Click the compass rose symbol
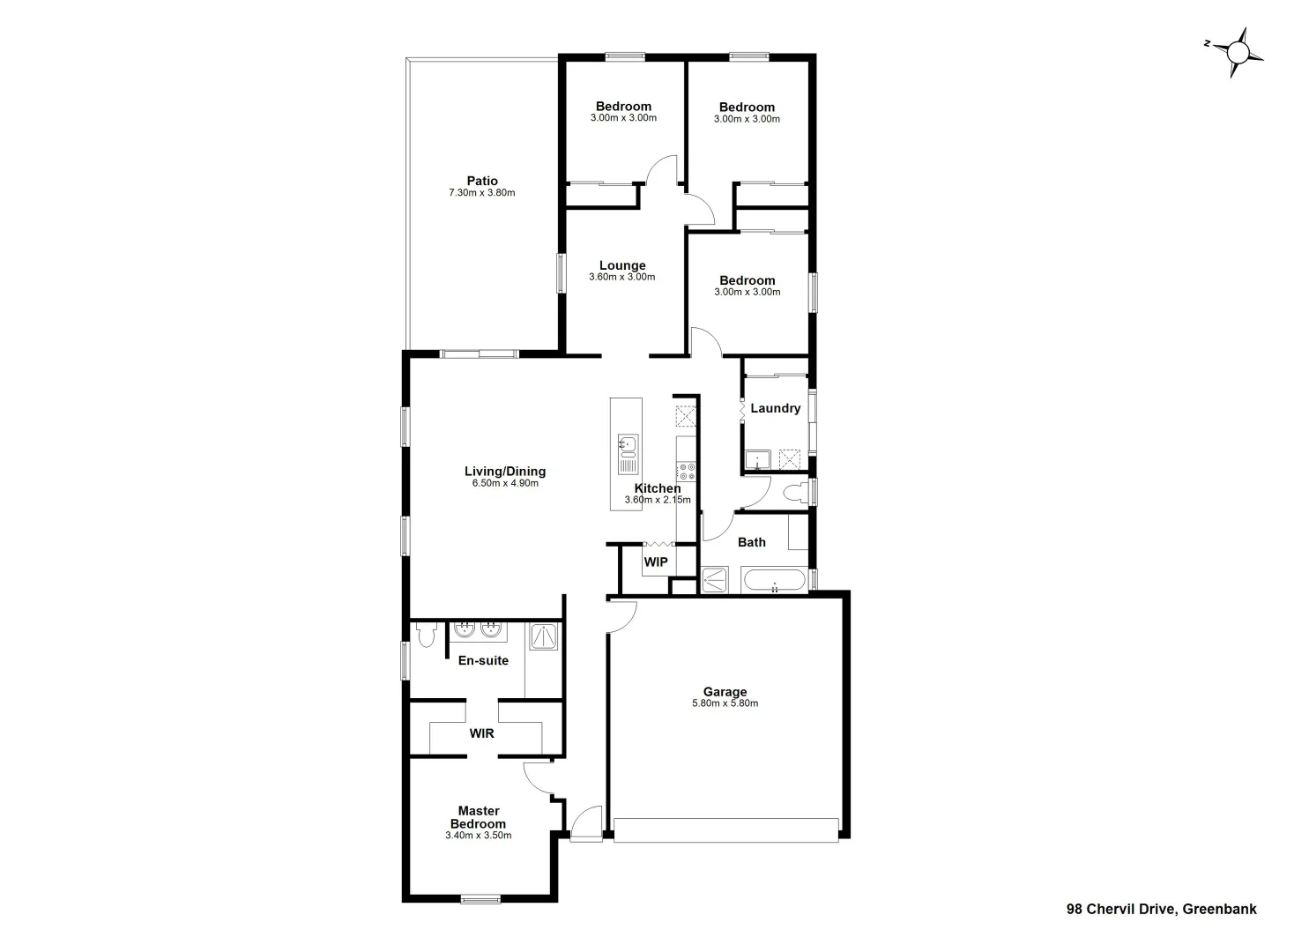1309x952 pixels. (1238, 53)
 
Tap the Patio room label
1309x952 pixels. (482, 182)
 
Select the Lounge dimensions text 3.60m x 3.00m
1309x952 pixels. (621, 277)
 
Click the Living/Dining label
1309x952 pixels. (505, 471)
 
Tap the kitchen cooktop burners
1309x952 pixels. (686, 472)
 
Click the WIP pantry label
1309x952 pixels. (656, 562)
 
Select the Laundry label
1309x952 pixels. (776, 408)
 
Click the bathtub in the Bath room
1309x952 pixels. (774, 580)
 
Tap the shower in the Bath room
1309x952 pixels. (714, 580)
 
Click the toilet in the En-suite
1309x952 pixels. (427, 635)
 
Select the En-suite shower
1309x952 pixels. (544, 637)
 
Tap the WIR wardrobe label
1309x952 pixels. (481, 733)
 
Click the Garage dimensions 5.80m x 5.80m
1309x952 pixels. (725, 703)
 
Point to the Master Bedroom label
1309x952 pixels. (478, 818)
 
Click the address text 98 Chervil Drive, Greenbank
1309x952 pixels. (1161, 910)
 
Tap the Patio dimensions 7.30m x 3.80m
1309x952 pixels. (481, 193)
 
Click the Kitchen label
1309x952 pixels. (658, 488)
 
